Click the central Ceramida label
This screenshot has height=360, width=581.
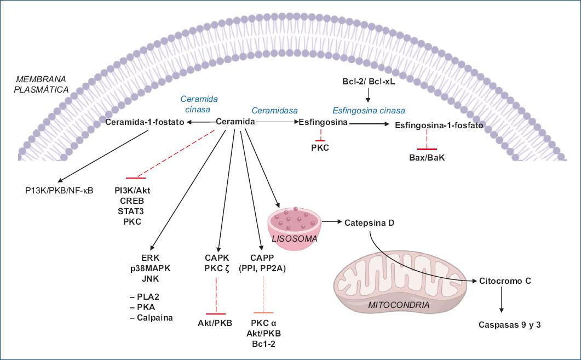[x=236, y=122]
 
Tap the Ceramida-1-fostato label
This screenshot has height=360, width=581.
[x=145, y=122]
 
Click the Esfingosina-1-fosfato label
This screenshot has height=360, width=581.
[x=439, y=125]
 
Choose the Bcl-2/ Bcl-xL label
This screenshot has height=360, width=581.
[x=369, y=82]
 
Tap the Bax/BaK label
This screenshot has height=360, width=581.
[x=427, y=158]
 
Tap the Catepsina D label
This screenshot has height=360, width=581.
[x=369, y=224]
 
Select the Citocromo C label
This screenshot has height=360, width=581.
[x=505, y=281]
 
